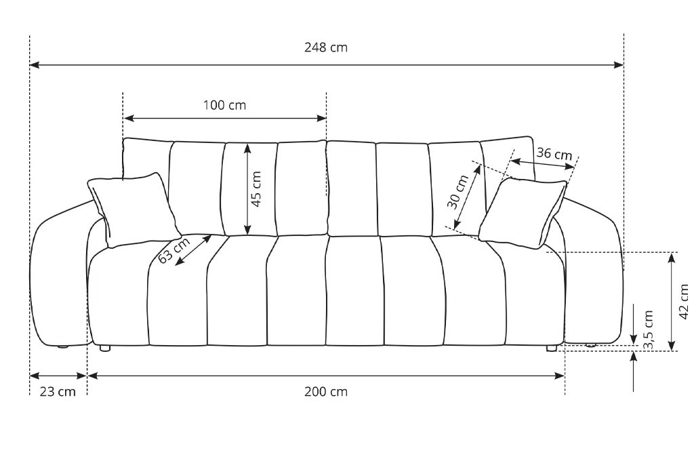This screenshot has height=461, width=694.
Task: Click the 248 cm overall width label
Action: pos(326,47)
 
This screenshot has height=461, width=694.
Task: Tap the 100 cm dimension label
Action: pos(224,105)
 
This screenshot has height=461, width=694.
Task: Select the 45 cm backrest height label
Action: pos(256,189)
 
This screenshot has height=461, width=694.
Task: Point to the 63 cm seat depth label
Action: pos(174,250)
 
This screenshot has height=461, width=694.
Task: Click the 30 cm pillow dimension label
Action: pos(457,192)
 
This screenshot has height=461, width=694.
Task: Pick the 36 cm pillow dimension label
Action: pos(554,154)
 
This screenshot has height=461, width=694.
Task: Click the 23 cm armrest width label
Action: pos(58,392)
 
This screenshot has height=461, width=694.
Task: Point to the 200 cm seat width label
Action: pos(326,392)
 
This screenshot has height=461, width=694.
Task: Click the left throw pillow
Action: pos(133,209)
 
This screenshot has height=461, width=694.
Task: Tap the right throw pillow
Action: pos(523,213)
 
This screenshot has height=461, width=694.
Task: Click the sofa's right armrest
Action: pos(593,275)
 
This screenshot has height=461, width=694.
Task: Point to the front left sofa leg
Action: pos(105,348)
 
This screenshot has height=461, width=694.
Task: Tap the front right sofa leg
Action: pos(552,348)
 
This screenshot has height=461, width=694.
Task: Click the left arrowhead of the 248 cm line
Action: pos(35,65)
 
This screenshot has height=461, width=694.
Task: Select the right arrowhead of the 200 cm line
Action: pos(560,376)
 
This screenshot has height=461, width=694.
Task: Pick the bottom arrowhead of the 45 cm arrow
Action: pos(247,230)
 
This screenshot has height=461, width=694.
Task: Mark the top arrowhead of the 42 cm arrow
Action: pos(672,258)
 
